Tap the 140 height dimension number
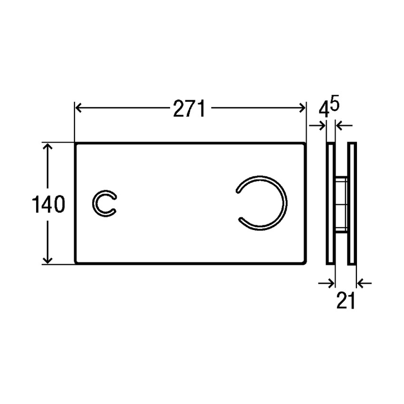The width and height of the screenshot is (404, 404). [48, 205]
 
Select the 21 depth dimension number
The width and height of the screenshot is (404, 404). [346, 300]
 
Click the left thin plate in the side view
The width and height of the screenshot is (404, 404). [330, 203]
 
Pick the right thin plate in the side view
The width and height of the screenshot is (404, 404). [352, 203]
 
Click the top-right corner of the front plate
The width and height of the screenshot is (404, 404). [304, 144]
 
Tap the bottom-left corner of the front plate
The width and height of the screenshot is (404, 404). [76, 262]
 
